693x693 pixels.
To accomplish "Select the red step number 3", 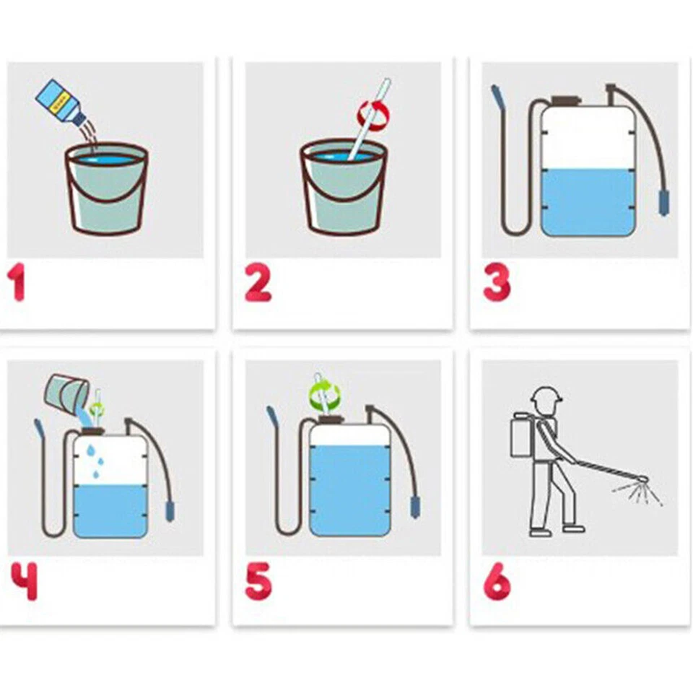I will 497,282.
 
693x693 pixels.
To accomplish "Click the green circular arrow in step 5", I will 324,396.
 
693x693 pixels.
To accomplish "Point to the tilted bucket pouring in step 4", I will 66,393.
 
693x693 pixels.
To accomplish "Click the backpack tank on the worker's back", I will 520,437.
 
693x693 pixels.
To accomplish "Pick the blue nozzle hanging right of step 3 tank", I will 662,201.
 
